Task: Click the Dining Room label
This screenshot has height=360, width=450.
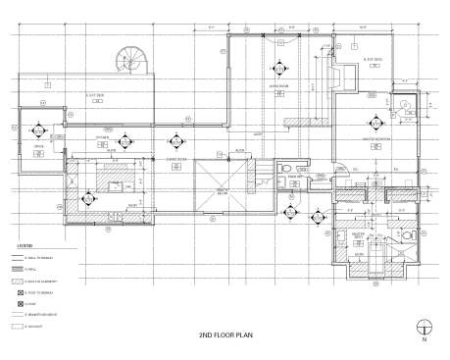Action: [176, 158]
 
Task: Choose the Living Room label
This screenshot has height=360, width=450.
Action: [277, 85]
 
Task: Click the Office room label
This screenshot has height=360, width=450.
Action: [39, 146]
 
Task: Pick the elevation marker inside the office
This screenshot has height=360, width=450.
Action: [39, 130]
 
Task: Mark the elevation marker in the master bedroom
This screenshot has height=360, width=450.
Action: [373, 122]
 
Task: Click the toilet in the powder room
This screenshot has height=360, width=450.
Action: [283, 169]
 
